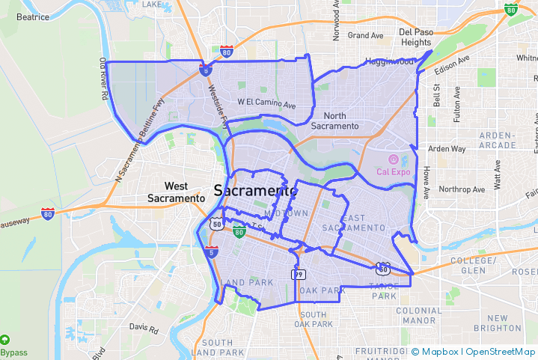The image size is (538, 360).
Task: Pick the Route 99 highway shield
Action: pyautogui.click(x=297, y=275)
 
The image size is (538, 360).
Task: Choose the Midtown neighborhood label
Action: pyautogui.click(x=286, y=214)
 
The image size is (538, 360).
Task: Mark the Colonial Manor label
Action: pyautogui.click(x=419, y=315)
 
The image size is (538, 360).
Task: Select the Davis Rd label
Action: pyautogui.click(x=144, y=328)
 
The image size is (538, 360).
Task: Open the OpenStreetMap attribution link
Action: pyautogui.click(x=501, y=352)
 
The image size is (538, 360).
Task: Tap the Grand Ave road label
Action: pyautogui.click(x=365, y=35)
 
